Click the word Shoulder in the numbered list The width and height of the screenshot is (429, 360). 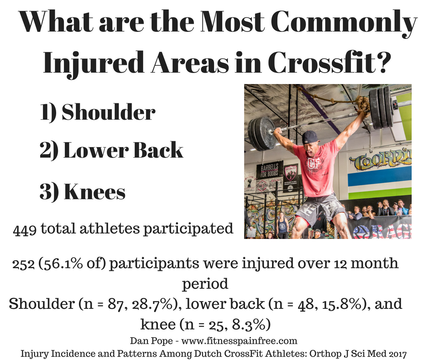click(x=109, y=112)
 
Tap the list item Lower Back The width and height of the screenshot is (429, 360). click(x=123, y=150)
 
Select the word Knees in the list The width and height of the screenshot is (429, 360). click(x=94, y=191)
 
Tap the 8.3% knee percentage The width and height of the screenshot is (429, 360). click(x=248, y=325)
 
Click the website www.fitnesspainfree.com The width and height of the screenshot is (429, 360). click(x=240, y=341)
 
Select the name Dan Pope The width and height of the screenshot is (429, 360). click(x=152, y=341)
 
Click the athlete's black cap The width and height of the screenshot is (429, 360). click(x=310, y=137)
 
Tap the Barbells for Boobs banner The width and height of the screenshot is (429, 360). click(x=269, y=170)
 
